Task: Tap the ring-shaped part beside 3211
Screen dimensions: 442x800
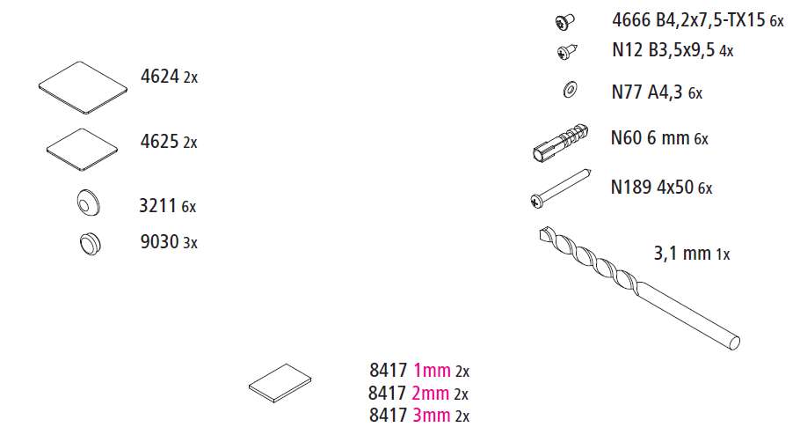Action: (89, 205)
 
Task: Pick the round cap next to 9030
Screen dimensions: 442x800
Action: (89, 242)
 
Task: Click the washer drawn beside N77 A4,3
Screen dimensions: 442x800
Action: (568, 89)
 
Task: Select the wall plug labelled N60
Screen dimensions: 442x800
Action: (561, 141)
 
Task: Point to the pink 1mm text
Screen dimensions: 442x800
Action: (432, 371)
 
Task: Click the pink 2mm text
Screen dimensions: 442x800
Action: (432, 393)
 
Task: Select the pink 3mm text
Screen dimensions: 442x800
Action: (432, 415)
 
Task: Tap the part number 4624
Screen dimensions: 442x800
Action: (159, 77)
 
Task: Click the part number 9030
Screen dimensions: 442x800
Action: (159, 241)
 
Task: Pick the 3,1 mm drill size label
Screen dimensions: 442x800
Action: (682, 254)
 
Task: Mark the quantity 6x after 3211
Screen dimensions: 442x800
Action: (189, 207)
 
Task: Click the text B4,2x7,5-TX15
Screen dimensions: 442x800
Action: (709, 19)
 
